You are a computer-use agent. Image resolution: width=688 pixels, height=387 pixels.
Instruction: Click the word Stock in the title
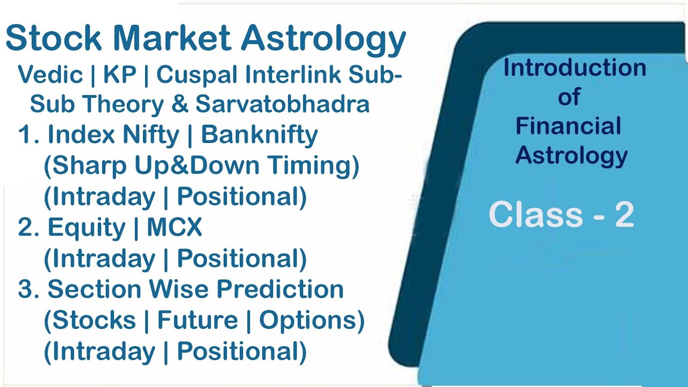click(x=54, y=39)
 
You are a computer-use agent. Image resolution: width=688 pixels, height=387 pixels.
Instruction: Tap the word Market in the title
click(x=172, y=39)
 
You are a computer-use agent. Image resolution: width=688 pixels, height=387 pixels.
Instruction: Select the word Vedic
click(x=50, y=75)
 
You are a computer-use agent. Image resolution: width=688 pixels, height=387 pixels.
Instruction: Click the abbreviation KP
click(x=120, y=75)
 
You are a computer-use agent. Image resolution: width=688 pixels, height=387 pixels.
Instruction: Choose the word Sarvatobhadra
click(x=282, y=104)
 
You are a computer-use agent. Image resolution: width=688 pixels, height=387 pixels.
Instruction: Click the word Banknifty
click(x=259, y=135)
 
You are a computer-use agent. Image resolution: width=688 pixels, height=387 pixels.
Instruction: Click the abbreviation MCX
click(x=175, y=228)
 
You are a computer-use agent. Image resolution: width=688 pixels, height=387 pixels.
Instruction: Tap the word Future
click(x=197, y=321)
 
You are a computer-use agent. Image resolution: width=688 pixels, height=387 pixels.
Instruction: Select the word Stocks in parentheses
click(x=90, y=321)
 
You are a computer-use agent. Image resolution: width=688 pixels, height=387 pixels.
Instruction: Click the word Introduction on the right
click(x=575, y=68)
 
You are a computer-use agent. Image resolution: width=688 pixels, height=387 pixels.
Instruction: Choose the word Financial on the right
click(x=568, y=126)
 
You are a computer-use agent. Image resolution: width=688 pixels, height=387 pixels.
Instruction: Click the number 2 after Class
click(x=624, y=215)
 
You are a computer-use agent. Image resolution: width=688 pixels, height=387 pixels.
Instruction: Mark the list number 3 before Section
click(x=26, y=290)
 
